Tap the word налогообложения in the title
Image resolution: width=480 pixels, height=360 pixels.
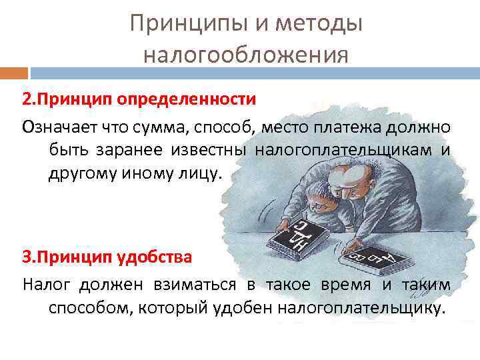point(246,53)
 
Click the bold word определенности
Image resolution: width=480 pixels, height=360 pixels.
point(187,100)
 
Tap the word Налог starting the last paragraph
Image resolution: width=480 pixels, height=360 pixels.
point(47,285)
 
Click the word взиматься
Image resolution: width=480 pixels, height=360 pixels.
point(201,285)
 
